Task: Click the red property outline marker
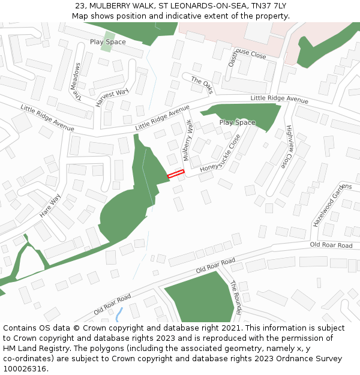coord(175,174)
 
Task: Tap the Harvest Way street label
coord(112,97)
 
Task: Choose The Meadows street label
coord(76,84)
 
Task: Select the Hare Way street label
coord(50,205)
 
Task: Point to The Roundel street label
coord(235,298)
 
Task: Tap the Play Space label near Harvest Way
coord(108,42)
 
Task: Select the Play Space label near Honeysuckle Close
coord(237,122)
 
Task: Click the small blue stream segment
coord(119,314)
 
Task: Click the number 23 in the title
coord(80,6)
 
